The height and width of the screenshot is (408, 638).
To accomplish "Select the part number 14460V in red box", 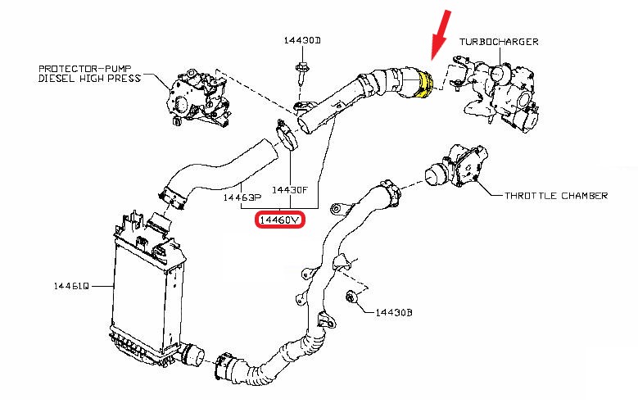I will pyautogui.click(x=280, y=220).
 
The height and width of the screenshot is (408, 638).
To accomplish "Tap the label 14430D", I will pyautogui.click(x=302, y=39).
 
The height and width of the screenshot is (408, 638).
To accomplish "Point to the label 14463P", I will pyautogui.click(x=242, y=197).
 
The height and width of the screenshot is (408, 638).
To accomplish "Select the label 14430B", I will pyautogui.click(x=396, y=313).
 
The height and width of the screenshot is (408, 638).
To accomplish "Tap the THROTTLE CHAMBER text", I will pyautogui.click(x=556, y=196).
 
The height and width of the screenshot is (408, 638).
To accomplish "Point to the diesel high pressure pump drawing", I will pyautogui.click(x=197, y=99).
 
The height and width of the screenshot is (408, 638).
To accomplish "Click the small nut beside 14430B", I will pyautogui.click(x=352, y=296).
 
